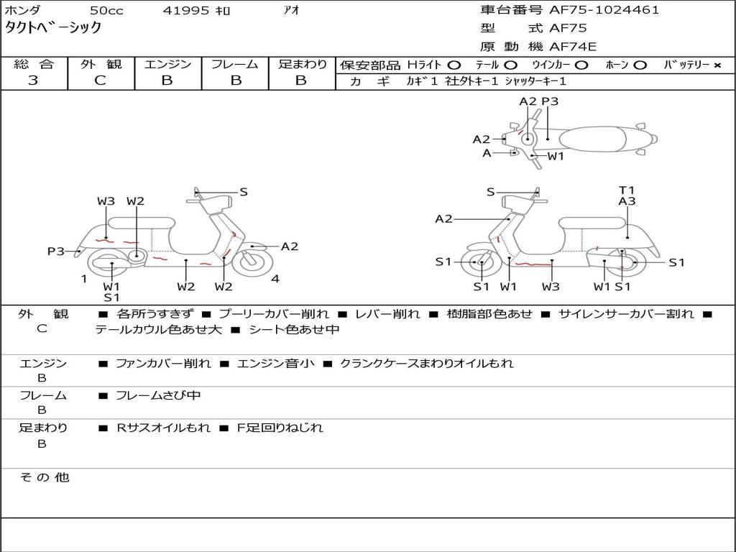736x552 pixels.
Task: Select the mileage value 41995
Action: [186, 11]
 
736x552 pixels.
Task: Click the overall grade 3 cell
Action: [33, 80]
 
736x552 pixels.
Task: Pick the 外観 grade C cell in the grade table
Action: [100, 80]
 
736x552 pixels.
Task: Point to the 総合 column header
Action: [33, 65]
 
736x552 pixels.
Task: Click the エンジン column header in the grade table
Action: [167, 65]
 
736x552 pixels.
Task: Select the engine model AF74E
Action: [573, 47]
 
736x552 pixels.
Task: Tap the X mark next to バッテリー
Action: [717, 65]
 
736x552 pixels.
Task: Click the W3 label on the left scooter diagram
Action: [106, 201]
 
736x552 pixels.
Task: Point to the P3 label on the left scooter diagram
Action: [56, 252]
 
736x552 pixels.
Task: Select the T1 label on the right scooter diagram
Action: [627, 190]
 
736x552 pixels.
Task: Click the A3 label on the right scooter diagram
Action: [627, 202]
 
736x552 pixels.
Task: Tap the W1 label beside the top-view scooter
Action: [556, 156]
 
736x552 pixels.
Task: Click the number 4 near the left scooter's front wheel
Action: [275, 279]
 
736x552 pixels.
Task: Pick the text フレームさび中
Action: [158, 395]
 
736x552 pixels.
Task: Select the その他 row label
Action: [44, 477]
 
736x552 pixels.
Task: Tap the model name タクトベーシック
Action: [53, 28]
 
